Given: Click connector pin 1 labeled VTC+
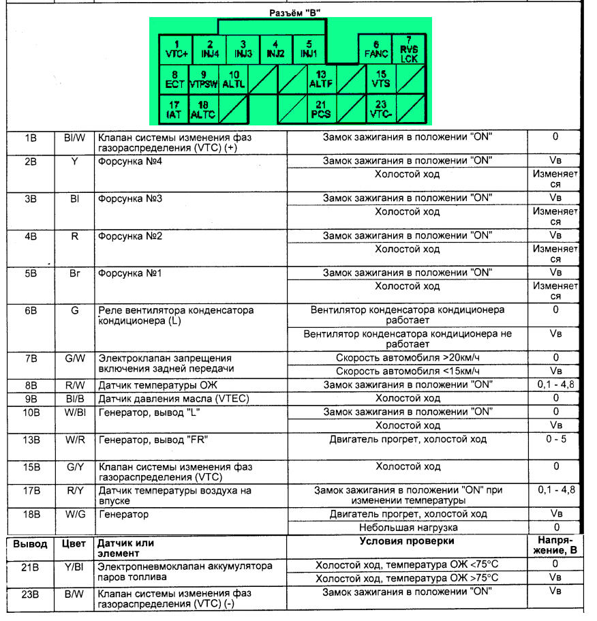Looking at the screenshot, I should click(x=175, y=48).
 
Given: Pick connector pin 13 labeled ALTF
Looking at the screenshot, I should click(x=320, y=80).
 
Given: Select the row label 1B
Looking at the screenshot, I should click(x=31, y=138).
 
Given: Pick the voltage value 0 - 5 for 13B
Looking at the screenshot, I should click(x=555, y=439).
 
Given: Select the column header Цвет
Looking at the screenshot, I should click(x=73, y=543).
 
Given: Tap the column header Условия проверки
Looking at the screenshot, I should click(x=406, y=541).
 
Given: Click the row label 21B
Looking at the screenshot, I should click(x=30, y=566).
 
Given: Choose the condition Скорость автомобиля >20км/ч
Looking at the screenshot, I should click(x=408, y=358).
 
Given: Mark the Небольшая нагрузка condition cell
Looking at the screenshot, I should click(x=408, y=528).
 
